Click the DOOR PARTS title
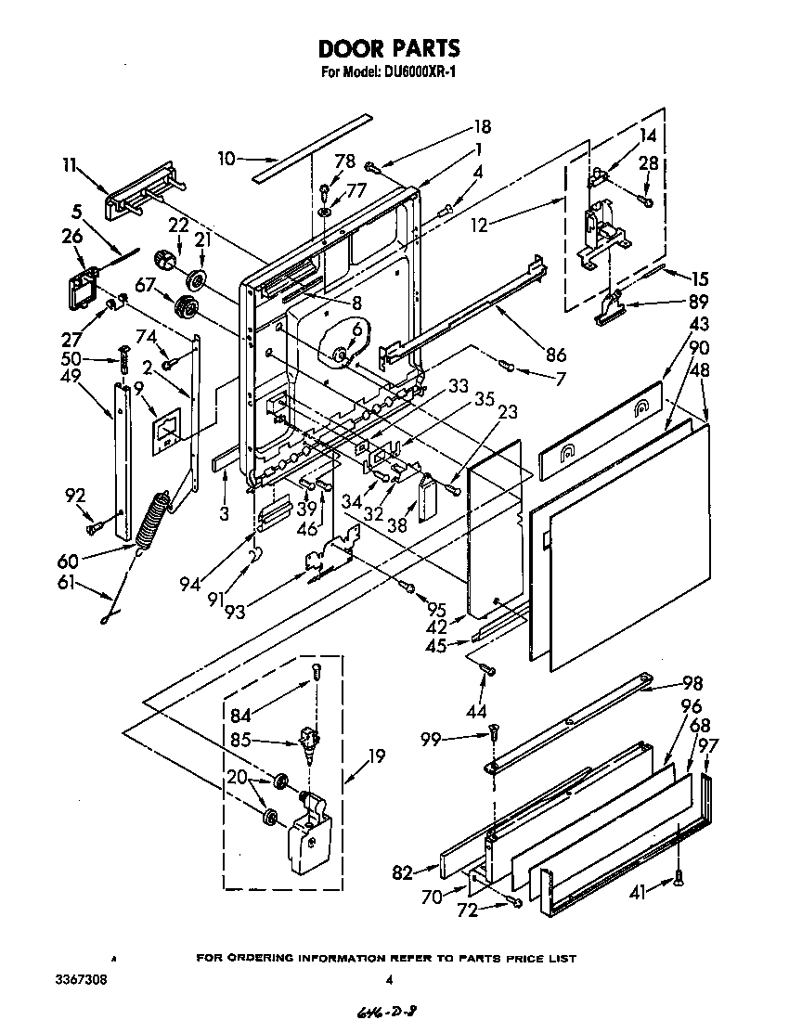coord(389,48)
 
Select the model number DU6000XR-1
coord(418,72)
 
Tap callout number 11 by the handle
coord(70,165)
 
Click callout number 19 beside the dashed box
coord(376,755)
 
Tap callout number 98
coord(692,683)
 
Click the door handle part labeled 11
coord(139,195)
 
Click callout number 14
coord(647,135)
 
